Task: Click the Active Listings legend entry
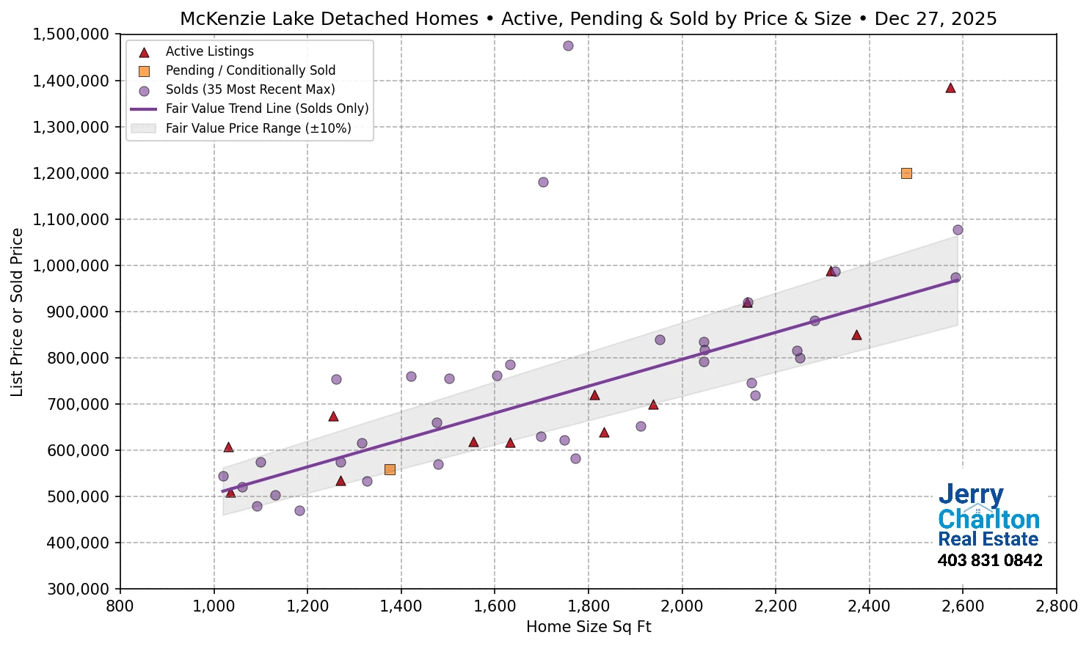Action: [x=209, y=51]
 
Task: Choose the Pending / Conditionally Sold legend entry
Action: [x=250, y=70]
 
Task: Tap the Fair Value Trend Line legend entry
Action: [x=266, y=109]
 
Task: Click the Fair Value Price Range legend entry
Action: [x=258, y=128]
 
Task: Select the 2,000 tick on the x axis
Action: [x=682, y=606]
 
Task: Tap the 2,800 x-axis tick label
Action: [x=1056, y=606]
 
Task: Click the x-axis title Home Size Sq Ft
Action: [x=589, y=627]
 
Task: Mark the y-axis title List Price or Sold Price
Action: [x=17, y=312]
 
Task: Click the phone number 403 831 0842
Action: [x=989, y=561]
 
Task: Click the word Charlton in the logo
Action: [x=988, y=520]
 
